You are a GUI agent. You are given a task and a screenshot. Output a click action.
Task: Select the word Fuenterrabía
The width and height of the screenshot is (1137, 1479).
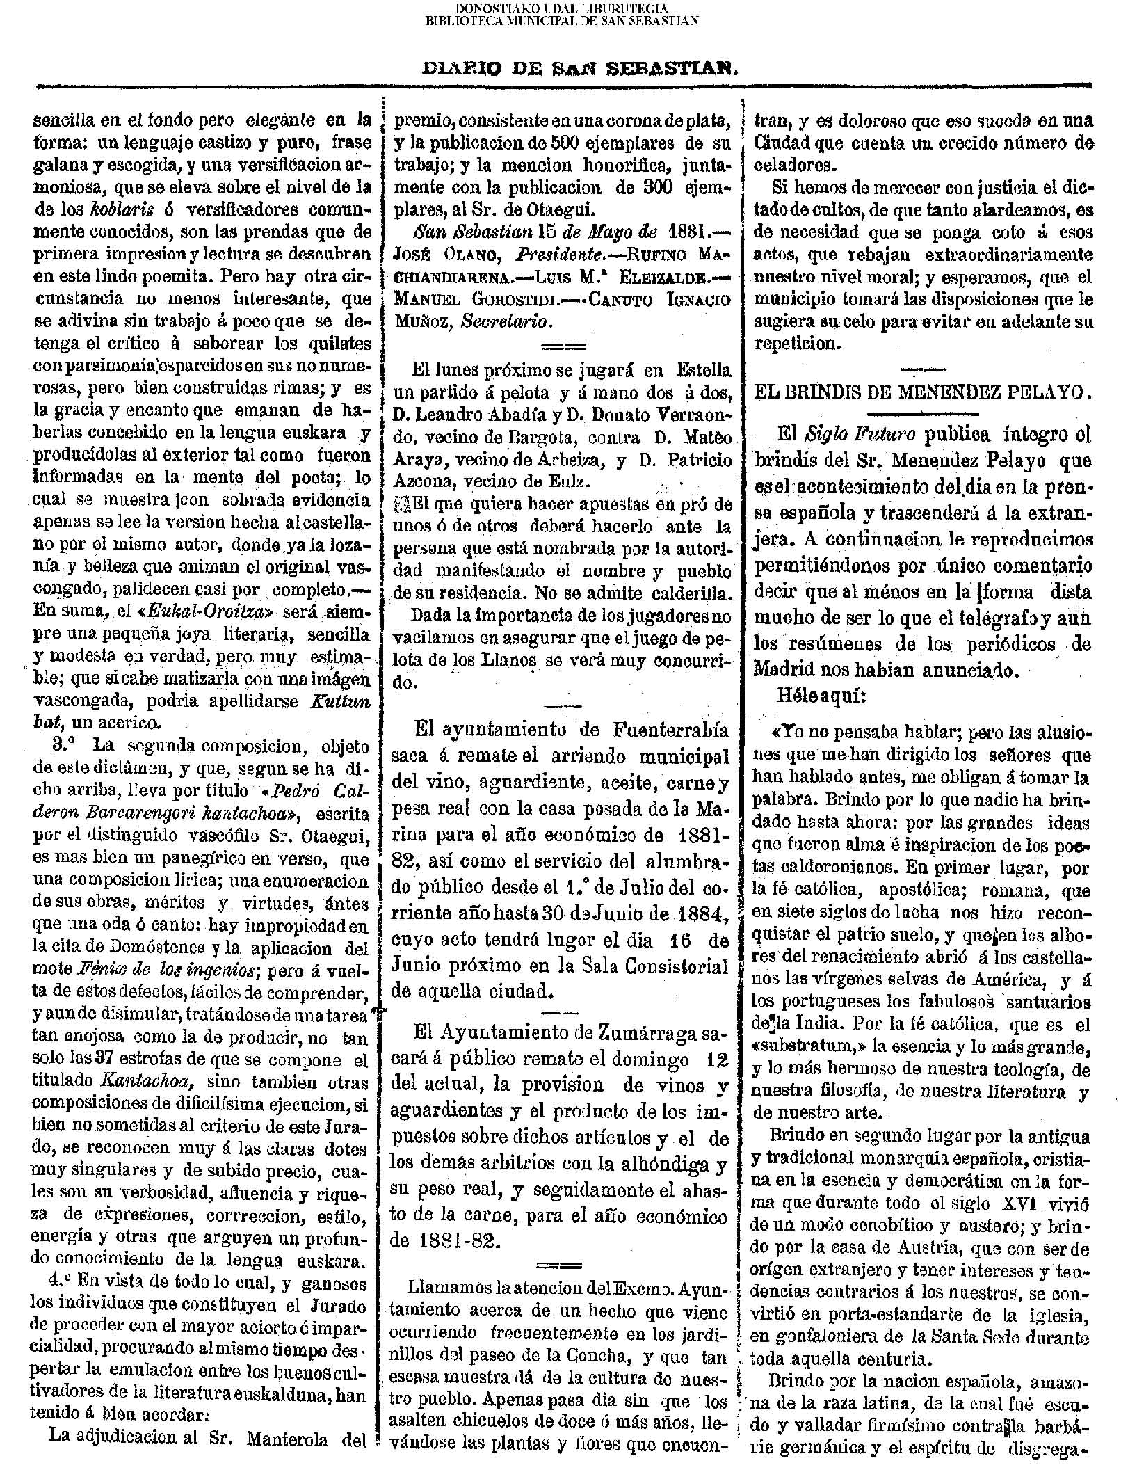(672, 730)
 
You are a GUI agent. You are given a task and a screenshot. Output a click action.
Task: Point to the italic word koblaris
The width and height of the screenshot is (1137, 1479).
(117, 209)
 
